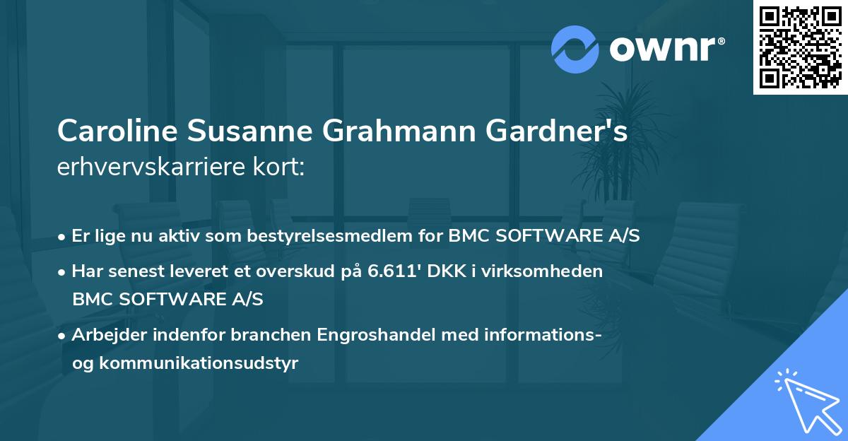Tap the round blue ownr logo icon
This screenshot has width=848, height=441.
coord(575,49)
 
